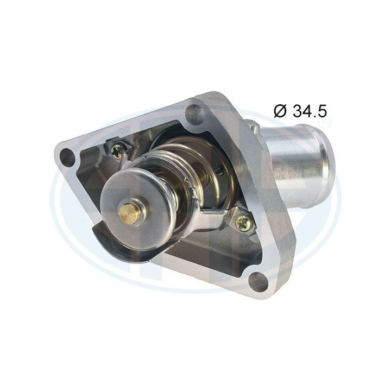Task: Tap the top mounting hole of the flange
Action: [193, 113]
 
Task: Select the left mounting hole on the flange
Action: [67, 157]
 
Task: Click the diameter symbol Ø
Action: [280, 111]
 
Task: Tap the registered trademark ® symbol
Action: [324, 124]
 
